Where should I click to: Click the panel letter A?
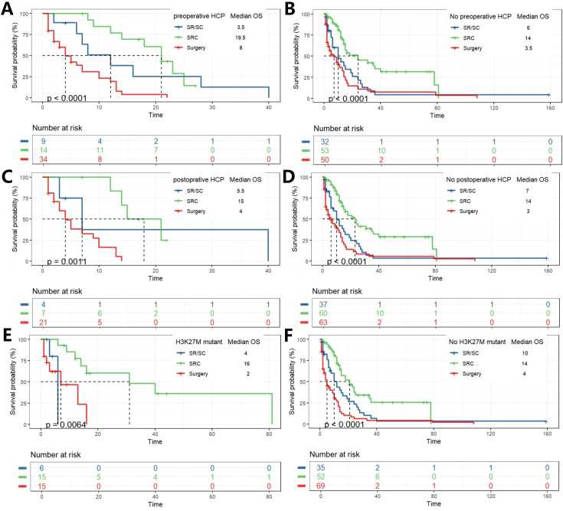[x=7, y=8]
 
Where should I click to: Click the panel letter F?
[x=288, y=336]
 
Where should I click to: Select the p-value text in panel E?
[x=66, y=425]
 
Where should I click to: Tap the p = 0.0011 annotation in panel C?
[x=67, y=262]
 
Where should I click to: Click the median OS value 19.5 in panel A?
[x=241, y=38]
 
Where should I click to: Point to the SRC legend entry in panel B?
[x=469, y=38]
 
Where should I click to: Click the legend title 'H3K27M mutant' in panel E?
[x=199, y=342]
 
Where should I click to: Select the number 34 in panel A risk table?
[x=43, y=159]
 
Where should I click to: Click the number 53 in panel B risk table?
[x=325, y=150]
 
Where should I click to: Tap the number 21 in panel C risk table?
[x=43, y=323]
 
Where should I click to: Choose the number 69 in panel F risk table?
[x=321, y=486]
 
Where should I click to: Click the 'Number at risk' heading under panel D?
[x=337, y=291]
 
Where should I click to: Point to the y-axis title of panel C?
[x=15, y=219]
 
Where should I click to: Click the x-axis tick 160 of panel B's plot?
[x=550, y=108]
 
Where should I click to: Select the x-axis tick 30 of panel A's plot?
[x=212, y=107]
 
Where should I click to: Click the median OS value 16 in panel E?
[x=247, y=364]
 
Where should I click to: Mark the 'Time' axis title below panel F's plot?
[x=434, y=441]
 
